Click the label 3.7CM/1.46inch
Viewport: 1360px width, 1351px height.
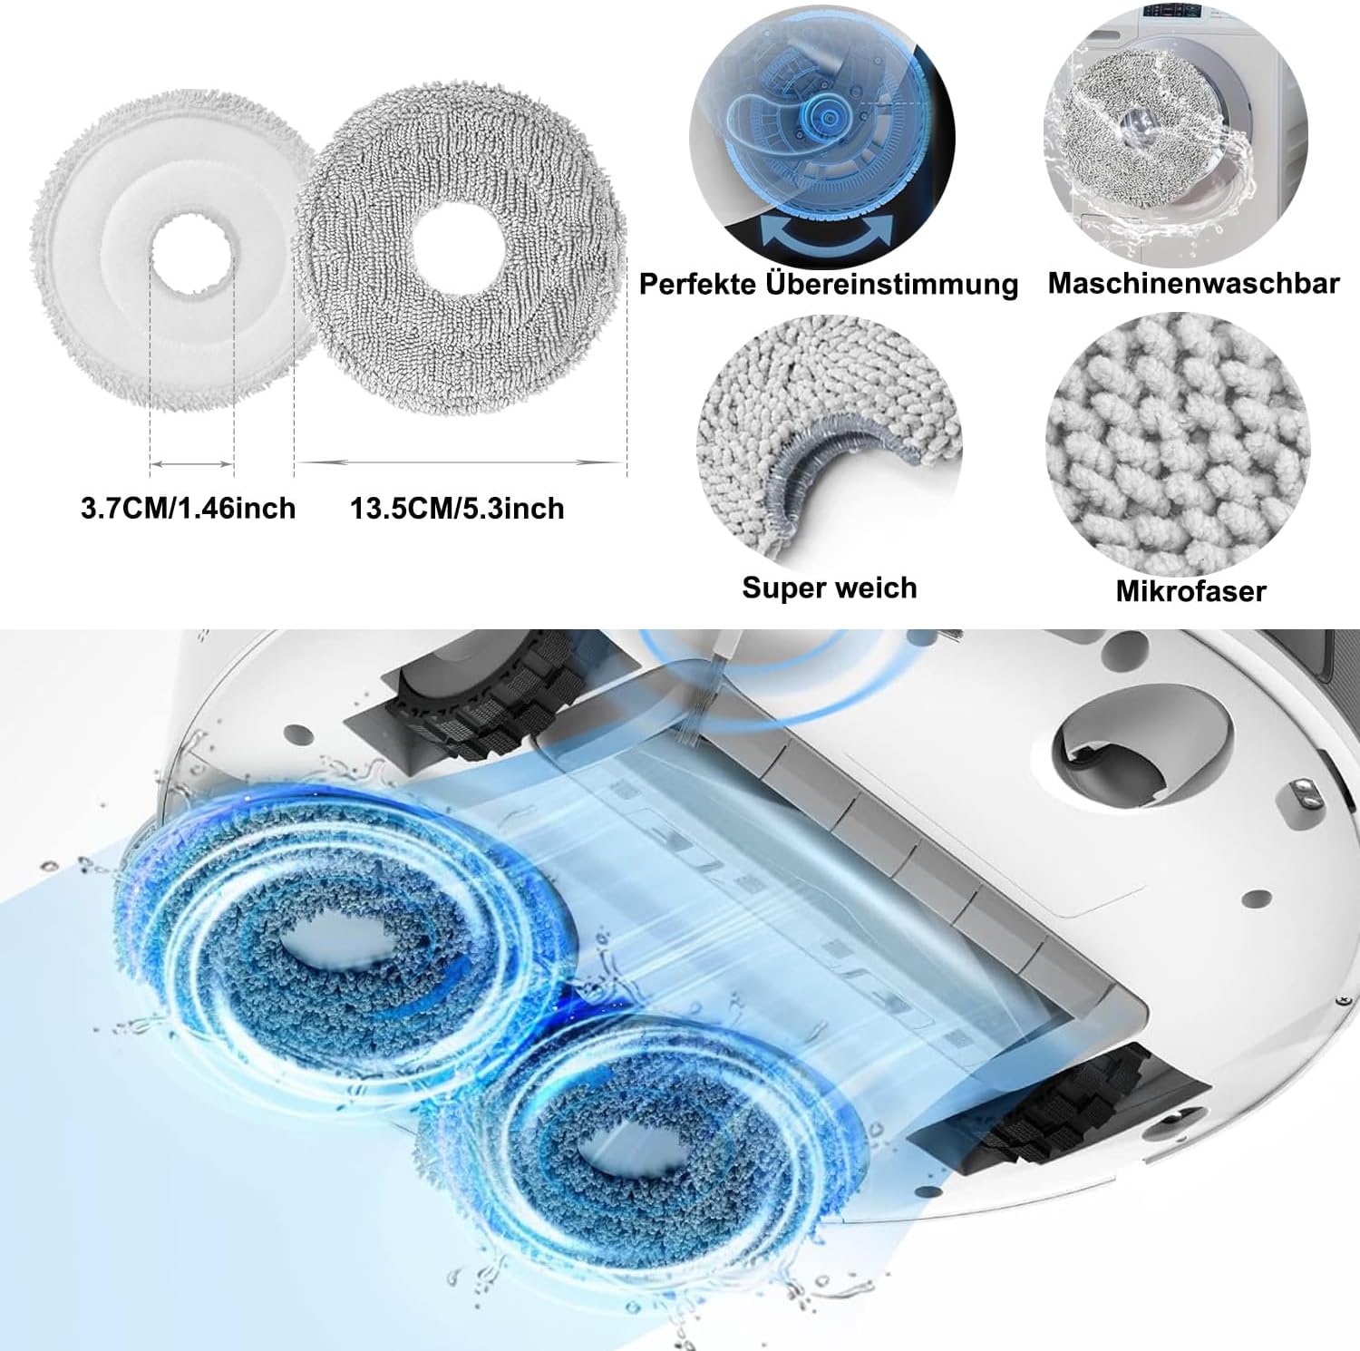point(189,508)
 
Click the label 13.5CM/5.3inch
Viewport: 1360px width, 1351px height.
point(458,508)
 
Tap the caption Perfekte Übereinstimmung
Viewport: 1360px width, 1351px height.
point(829,284)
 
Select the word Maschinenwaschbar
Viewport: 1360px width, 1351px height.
point(1193,283)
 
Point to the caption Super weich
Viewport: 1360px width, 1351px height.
point(830,588)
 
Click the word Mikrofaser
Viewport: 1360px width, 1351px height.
point(1190,591)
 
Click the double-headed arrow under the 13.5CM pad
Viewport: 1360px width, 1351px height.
point(461,462)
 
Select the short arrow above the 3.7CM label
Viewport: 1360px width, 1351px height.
point(192,463)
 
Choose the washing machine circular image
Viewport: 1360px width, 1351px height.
point(1176,131)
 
